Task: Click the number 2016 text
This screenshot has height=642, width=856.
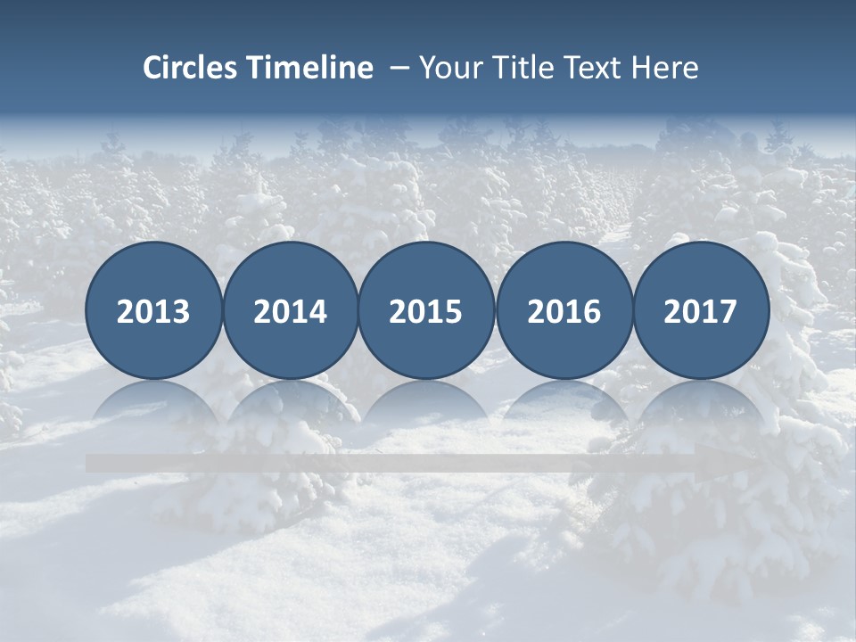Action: click(x=564, y=312)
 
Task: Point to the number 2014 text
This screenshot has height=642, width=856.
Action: click(x=290, y=312)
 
